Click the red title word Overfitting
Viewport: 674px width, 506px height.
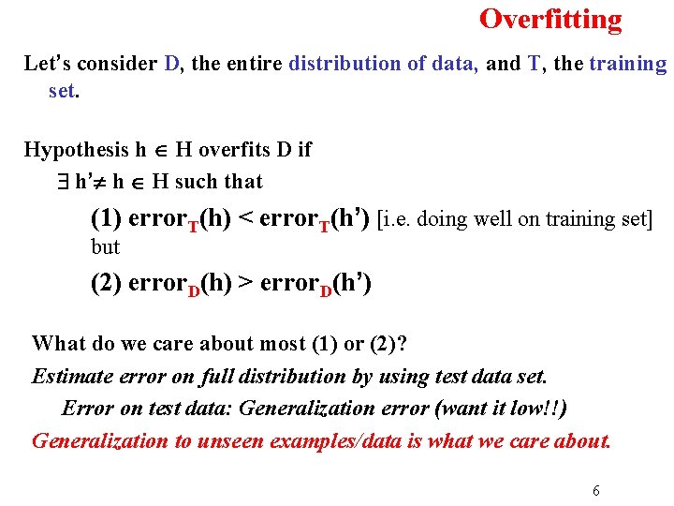point(550,20)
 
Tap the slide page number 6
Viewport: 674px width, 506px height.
point(595,490)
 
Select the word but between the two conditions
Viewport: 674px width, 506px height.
point(106,247)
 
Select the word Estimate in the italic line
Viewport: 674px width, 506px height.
point(70,377)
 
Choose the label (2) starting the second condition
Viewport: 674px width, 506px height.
point(106,283)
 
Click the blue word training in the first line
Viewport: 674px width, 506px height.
point(627,65)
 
